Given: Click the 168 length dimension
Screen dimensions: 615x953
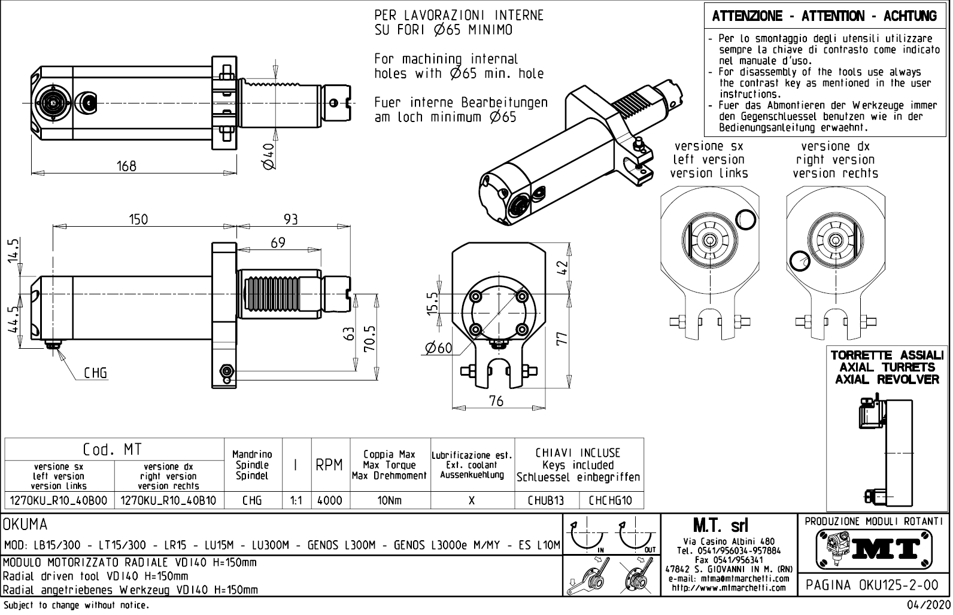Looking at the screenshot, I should point(126,165).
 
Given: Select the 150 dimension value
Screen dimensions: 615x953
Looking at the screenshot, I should point(138,219).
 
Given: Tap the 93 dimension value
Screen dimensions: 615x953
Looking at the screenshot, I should point(290,219).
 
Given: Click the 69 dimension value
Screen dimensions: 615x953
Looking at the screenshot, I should point(278,242).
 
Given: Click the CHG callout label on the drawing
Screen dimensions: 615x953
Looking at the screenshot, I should point(95,373).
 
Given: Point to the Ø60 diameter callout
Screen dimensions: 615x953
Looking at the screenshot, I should point(438,348).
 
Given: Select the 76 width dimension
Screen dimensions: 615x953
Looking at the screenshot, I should point(496,401).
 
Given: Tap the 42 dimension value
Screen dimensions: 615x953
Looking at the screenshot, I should point(561,267).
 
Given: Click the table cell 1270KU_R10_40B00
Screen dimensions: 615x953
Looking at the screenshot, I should point(59,500).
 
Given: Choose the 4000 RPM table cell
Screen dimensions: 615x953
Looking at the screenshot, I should point(329,500).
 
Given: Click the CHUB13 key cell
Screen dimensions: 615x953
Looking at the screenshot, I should point(546,500).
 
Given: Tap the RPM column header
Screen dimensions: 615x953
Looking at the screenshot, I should point(329,465).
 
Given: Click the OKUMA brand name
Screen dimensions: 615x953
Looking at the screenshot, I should point(25,525).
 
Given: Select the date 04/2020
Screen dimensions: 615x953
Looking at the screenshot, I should point(930,605).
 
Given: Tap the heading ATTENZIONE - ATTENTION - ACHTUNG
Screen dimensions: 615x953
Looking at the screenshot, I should point(824,17).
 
